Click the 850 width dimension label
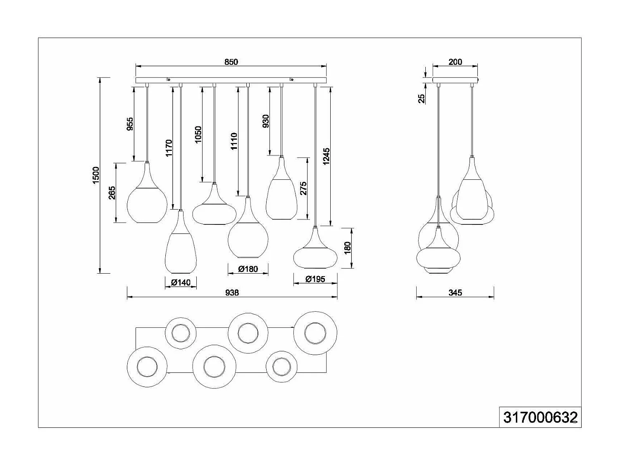point(231,62)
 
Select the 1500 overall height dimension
point(96,175)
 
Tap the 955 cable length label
point(130,124)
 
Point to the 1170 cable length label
point(169,148)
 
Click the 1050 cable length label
point(198,135)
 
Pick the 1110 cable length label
point(234,141)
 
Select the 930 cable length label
point(266,121)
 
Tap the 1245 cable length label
point(327,157)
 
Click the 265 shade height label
point(112,193)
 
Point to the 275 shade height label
point(304,188)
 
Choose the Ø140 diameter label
point(180,283)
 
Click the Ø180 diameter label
point(248,269)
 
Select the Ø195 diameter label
point(315,279)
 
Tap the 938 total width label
point(232,293)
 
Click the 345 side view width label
point(455,293)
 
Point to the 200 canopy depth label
point(455,62)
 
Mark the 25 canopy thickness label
point(422,98)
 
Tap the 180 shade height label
point(347,247)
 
